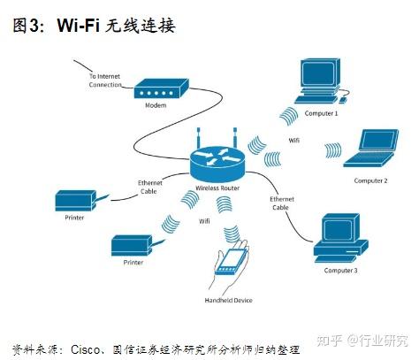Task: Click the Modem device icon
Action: [x=161, y=89]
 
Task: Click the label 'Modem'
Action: [x=156, y=107]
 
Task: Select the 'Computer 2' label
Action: [x=370, y=180]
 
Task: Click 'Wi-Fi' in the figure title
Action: [x=78, y=26]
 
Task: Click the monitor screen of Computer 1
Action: [x=319, y=74]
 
